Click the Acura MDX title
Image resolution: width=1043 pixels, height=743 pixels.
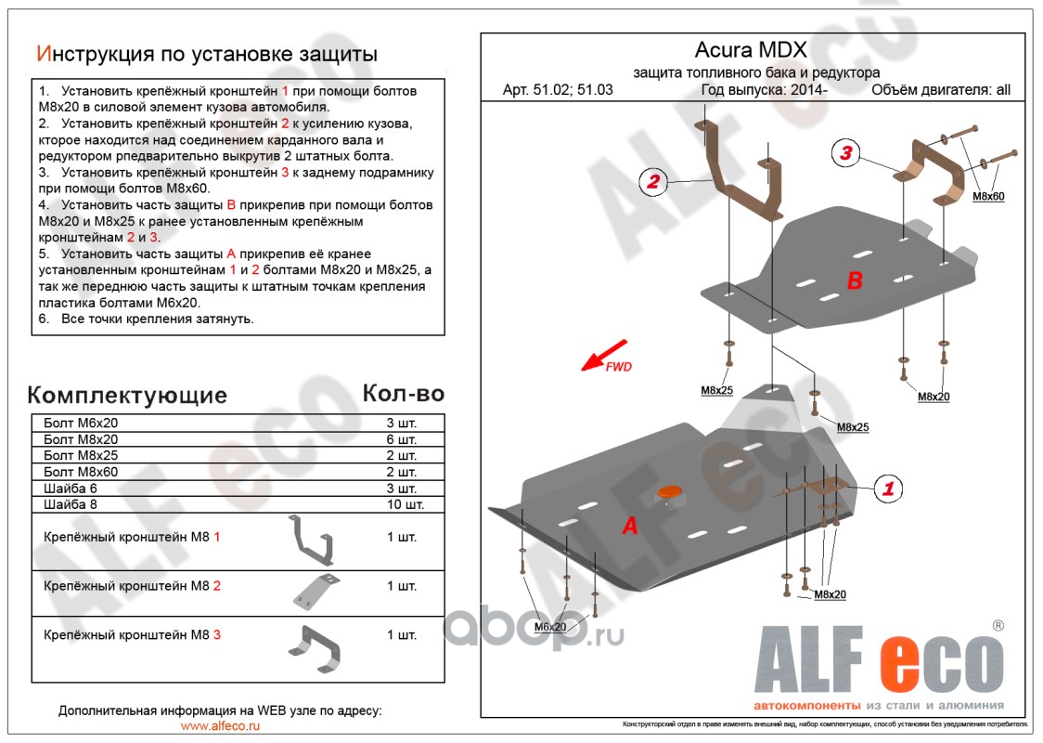click(x=751, y=50)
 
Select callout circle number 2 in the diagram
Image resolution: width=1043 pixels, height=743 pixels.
click(x=653, y=183)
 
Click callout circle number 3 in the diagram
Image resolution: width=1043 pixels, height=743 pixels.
click(x=845, y=154)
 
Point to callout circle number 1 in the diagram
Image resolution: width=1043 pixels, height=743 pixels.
click(x=888, y=488)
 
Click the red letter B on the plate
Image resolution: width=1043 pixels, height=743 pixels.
click(x=855, y=281)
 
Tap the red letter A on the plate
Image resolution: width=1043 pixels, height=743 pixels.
click(x=630, y=527)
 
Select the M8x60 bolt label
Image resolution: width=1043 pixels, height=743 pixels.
click(x=988, y=197)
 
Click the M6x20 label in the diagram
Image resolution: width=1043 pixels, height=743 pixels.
click(x=549, y=627)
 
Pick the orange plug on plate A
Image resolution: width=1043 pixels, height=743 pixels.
click(x=666, y=494)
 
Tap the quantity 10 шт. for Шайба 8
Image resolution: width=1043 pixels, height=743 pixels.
click(x=405, y=505)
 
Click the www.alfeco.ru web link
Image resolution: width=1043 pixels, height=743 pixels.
click(x=220, y=726)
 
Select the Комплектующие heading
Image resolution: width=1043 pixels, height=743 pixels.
click(x=127, y=396)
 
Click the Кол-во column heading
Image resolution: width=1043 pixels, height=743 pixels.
click(x=403, y=394)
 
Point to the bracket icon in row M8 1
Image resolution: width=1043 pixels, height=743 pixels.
click(x=312, y=539)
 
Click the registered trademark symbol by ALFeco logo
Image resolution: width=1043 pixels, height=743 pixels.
click(x=998, y=626)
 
